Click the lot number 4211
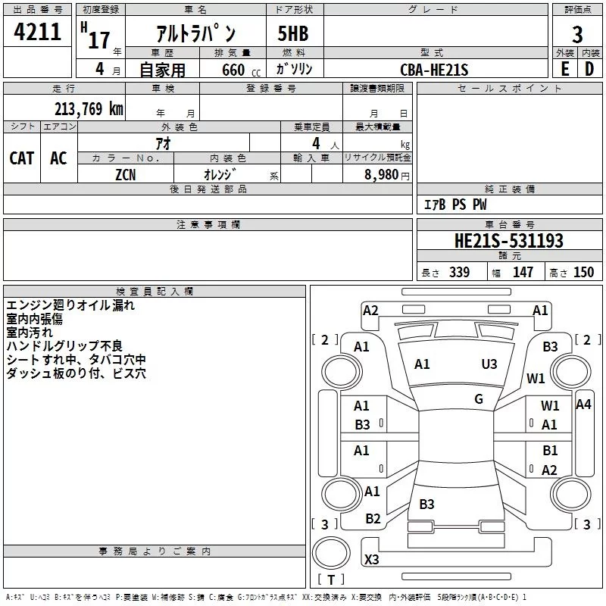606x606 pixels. click(37, 31)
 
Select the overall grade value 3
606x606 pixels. click(577, 34)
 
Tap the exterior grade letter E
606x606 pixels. click(564, 68)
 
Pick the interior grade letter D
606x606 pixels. click(589, 68)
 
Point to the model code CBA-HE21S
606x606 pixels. click(434, 70)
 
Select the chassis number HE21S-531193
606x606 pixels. click(508, 242)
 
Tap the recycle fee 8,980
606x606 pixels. click(382, 174)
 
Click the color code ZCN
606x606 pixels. click(127, 174)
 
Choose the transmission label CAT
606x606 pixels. click(21, 158)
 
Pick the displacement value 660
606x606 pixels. click(233, 70)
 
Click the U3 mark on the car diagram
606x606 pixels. click(489, 364)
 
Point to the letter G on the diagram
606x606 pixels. click(479, 399)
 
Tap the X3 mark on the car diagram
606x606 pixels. click(372, 560)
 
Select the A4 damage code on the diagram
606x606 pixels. click(583, 404)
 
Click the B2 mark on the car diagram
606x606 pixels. click(373, 519)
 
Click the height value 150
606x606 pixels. click(583, 273)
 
